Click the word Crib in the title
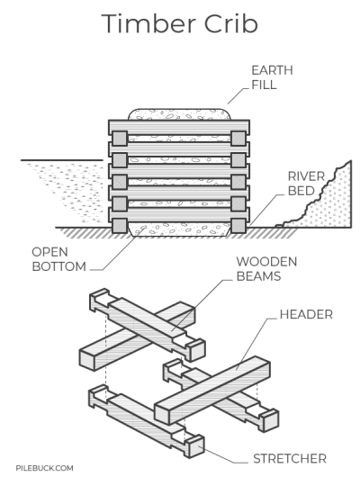click(x=232, y=24)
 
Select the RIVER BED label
click(x=300, y=184)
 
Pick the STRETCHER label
click(x=290, y=459)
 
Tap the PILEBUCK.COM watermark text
click(x=44, y=468)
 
